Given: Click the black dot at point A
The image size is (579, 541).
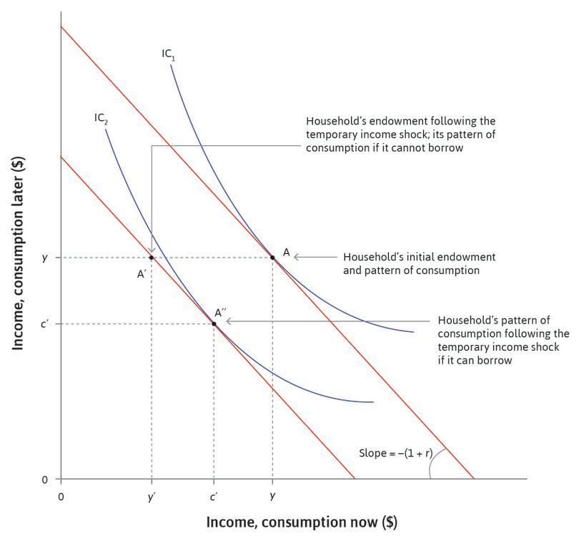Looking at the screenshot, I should tap(272, 257).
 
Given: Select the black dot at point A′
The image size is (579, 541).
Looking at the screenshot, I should tap(152, 257).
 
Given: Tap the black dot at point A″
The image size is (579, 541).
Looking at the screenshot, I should tap(214, 324).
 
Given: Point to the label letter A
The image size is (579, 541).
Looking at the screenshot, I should tap(286, 252).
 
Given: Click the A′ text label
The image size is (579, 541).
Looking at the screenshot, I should tap(142, 272).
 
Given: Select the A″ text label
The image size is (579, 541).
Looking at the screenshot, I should tap(222, 313).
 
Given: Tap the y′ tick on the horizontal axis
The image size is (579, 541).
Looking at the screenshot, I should tap(152, 496).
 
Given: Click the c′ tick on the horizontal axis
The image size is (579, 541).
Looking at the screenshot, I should tap(214, 496).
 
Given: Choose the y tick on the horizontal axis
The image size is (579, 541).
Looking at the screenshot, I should tap(272, 496).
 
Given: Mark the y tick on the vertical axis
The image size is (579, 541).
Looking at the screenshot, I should tap(44, 257).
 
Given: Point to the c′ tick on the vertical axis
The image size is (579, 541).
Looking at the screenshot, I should tap(44, 324).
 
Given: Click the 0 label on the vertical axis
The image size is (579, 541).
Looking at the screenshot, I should tap(44, 479).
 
